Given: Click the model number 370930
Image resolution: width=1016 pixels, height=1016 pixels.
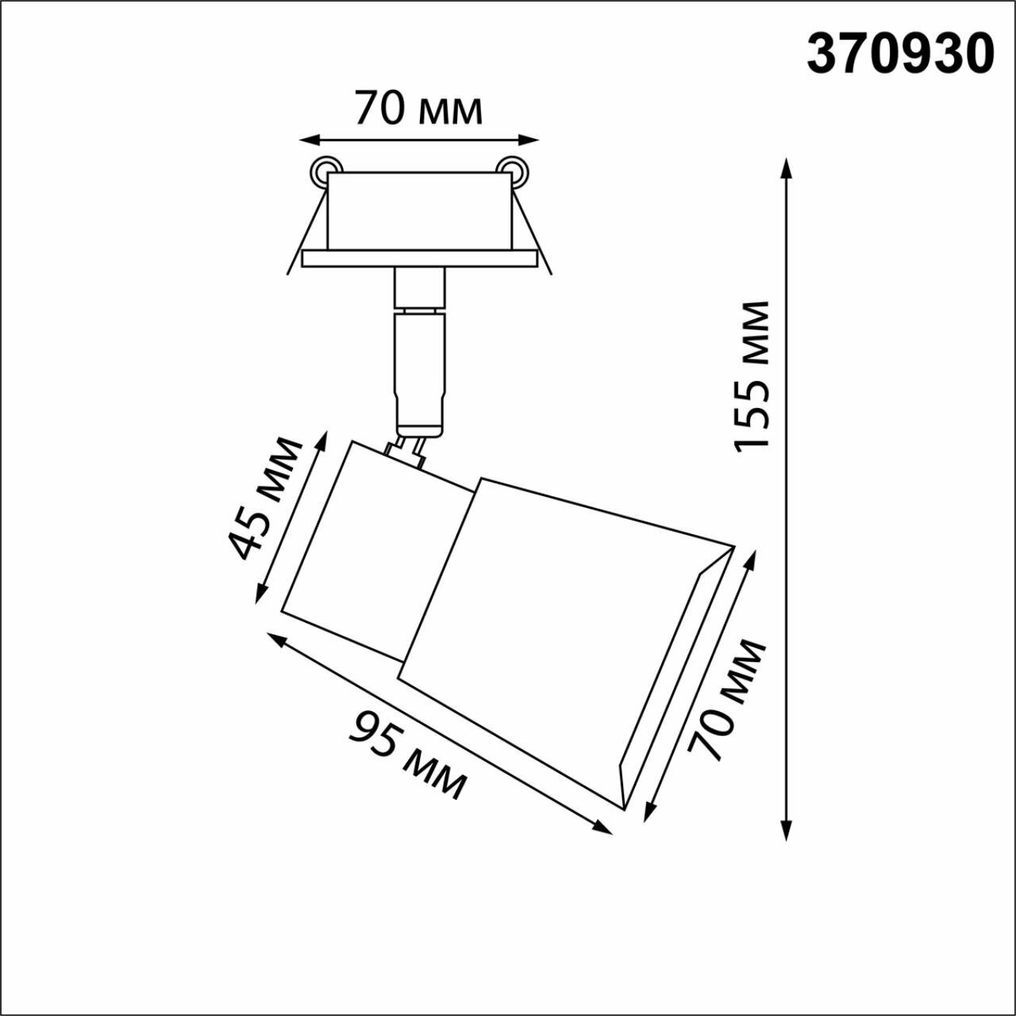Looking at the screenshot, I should click(900, 55).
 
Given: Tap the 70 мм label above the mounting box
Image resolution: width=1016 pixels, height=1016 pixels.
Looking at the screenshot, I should click(418, 109).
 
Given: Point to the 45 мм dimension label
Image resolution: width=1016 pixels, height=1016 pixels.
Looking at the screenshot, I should click(265, 498).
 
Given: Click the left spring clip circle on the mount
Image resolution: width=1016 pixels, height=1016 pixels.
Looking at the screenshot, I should click(325, 169).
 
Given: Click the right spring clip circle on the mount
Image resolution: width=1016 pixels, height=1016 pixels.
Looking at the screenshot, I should click(511, 169).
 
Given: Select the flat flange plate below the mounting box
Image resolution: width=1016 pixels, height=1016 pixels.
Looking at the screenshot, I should click(420, 259).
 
